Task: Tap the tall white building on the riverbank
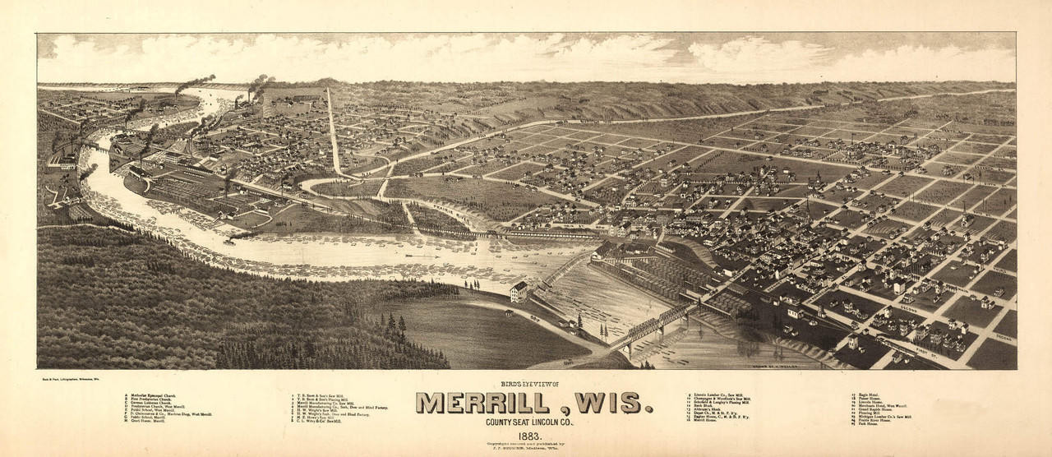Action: (x=519, y=291)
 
